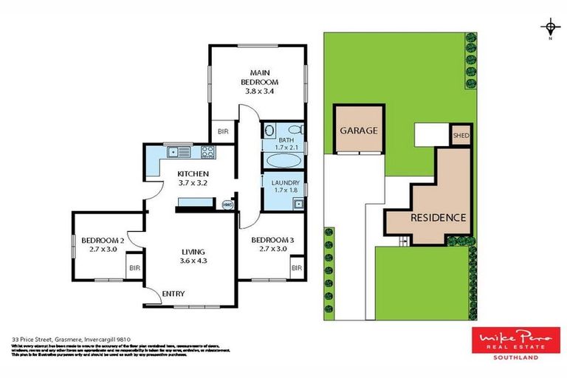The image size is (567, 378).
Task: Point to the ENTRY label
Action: [x=173, y=294]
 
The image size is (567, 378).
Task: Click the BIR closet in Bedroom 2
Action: [x=134, y=269]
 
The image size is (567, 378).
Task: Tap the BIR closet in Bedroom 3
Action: [x=296, y=269]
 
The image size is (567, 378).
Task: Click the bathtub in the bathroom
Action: [x=282, y=160]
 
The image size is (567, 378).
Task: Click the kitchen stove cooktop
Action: [x=207, y=153]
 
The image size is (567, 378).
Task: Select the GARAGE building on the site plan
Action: [x=359, y=130]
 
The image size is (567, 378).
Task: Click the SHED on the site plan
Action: [x=461, y=135]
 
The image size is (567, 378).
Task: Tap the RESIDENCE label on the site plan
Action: [x=438, y=217]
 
